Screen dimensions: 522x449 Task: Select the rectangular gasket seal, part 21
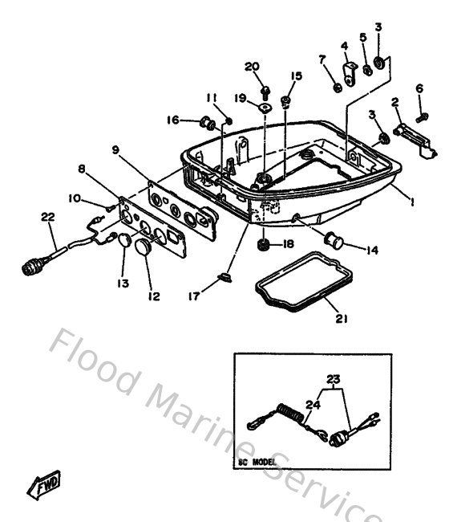tap(293, 285)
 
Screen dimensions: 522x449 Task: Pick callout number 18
tap(287, 243)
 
